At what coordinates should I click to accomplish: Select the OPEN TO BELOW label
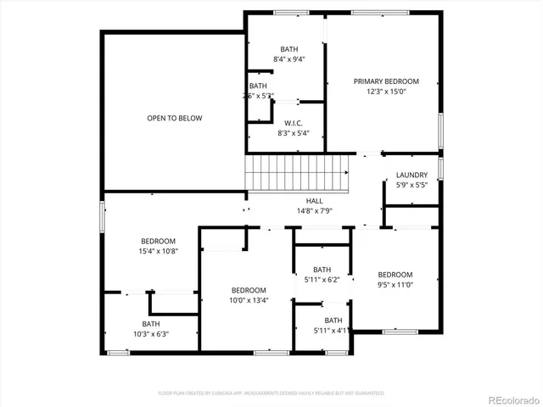(x=175, y=118)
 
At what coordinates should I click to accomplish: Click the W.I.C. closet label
(x=294, y=122)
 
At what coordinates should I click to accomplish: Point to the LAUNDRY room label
(x=411, y=176)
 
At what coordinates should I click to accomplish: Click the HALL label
(x=314, y=200)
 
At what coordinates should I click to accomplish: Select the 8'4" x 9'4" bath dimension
(x=289, y=59)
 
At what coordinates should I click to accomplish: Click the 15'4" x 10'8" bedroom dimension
(x=159, y=251)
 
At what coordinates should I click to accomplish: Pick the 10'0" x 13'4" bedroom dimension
(x=249, y=299)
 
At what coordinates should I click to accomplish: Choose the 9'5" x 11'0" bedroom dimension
(x=395, y=285)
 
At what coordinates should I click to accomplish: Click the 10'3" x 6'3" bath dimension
(x=151, y=333)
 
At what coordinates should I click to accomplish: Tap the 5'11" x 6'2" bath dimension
(x=322, y=279)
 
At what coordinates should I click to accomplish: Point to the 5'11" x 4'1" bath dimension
(x=332, y=330)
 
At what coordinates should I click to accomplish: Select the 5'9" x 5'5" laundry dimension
(x=411, y=185)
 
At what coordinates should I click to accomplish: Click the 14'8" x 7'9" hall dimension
(x=314, y=210)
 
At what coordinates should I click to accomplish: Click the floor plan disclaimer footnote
(x=271, y=393)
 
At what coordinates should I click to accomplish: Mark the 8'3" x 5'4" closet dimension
(x=294, y=132)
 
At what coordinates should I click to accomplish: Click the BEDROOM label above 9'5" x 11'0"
(x=395, y=275)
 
